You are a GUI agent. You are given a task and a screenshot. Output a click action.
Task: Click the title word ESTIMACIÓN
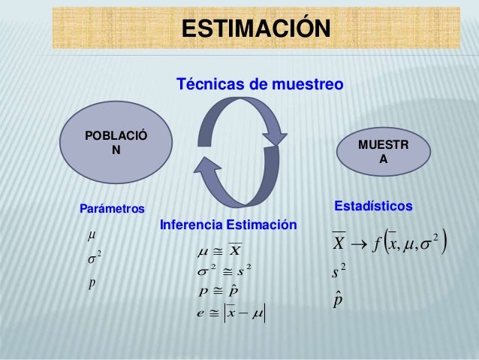[255, 28]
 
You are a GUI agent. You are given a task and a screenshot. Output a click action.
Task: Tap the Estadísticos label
[372, 205]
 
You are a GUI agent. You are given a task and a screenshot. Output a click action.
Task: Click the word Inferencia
[191, 225]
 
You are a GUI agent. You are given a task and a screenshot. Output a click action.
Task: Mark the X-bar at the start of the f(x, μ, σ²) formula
[339, 243]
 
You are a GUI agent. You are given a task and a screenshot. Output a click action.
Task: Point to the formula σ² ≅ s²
[225, 269]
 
